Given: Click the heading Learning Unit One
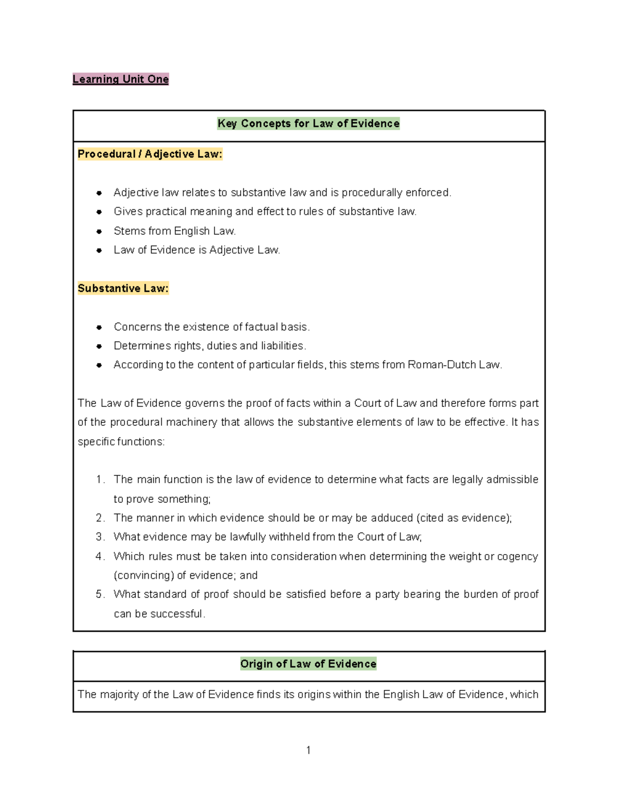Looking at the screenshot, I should coord(120,79).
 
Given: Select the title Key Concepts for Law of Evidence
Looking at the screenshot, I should coord(308,123).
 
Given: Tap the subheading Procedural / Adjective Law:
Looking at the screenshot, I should coord(150,154).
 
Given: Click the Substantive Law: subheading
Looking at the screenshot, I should coord(123,288).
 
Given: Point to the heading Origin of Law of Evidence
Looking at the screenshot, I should coord(308,664).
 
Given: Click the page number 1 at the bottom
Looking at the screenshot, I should coord(308,750).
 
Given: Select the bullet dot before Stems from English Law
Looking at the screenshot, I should coord(99,232).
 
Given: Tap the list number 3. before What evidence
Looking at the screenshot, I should coord(100,537).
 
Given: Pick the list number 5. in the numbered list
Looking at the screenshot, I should coord(100,594).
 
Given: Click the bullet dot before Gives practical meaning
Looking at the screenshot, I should coord(99,212).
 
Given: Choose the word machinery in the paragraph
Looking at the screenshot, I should coord(189,422).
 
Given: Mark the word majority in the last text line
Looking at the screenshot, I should coord(119,695).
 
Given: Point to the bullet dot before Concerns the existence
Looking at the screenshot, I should coord(99,327).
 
